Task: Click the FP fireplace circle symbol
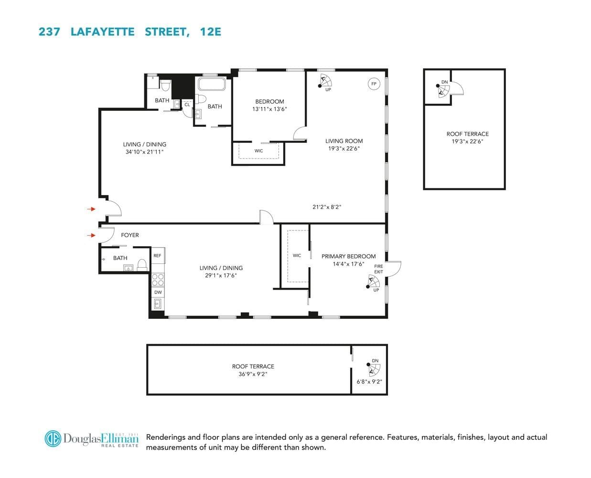[x=374, y=84]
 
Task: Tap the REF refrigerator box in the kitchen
[x=158, y=255]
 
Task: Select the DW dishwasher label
[x=158, y=292]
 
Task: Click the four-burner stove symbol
[x=158, y=280]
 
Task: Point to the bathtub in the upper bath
[x=212, y=84]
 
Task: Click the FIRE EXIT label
[x=378, y=269]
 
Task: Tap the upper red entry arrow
[x=91, y=209]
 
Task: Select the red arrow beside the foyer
[x=91, y=235]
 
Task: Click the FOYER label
[x=130, y=235]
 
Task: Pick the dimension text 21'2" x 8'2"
[x=327, y=207]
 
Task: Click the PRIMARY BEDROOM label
[x=348, y=256]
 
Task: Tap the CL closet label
[x=187, y=105]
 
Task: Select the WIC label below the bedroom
[x=258, y=151]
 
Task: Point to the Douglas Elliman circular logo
[x=53, y=439]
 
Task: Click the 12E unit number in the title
[x=211, y=32]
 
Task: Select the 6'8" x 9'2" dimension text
[x=369, y=381]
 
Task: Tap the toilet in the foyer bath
[x=142, y=265]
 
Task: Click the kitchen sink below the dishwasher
[x=158, y=304]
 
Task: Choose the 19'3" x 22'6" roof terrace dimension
[x=467, y=141]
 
